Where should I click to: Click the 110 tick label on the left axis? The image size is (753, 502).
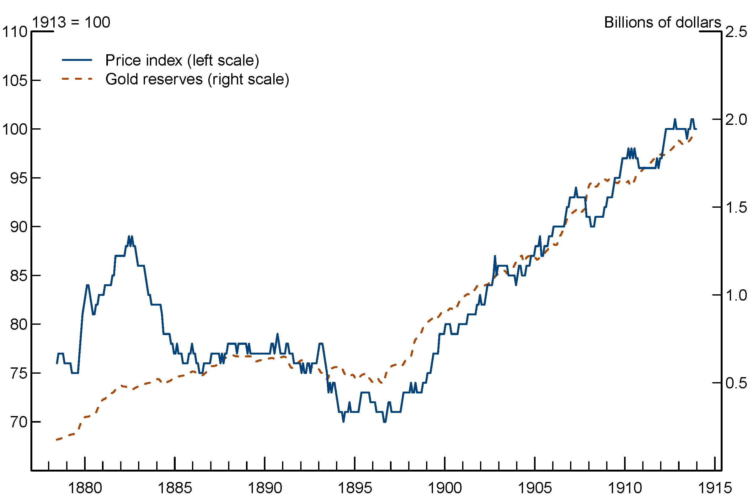15,32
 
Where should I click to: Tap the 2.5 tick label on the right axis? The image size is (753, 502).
736,32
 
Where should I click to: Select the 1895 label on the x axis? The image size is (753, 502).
355,488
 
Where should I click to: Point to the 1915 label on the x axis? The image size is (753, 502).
715,488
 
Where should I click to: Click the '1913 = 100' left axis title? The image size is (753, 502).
71,22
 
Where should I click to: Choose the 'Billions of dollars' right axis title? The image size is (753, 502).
662,22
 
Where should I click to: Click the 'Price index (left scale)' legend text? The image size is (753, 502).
182,60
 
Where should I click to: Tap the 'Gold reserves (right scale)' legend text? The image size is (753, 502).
197,79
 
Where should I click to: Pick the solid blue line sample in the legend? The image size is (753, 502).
77,60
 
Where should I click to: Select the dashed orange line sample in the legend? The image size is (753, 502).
77,79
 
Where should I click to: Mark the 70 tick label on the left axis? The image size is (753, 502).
19,422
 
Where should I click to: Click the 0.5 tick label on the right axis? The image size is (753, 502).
736,383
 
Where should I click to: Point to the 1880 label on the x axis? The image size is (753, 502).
85,488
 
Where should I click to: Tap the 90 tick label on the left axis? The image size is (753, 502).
19,227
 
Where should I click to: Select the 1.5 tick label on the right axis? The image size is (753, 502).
736,207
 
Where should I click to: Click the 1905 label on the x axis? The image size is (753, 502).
535,488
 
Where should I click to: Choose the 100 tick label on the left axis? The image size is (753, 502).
15,129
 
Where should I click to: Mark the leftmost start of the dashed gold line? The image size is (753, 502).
57,440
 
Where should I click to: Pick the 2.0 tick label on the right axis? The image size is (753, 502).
736,120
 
